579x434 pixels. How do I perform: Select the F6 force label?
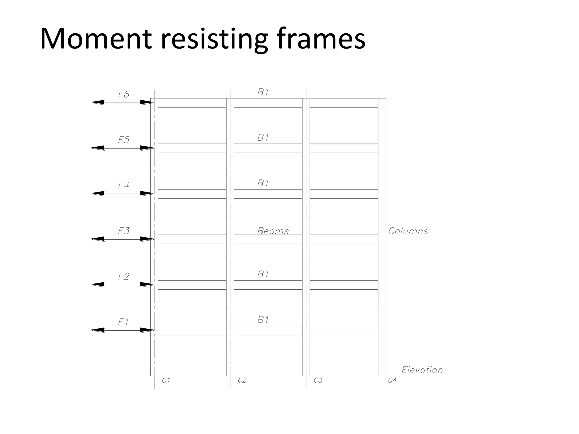click(x=124, y=94)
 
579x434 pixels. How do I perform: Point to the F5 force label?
click(x=124, y=140)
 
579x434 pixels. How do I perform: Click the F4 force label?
click(x=124, y=185)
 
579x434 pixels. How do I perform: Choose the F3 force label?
click(x=124, y=231)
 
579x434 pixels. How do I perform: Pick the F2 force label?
click(x=124, y=276)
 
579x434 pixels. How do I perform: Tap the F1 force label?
click(x=123, y=322)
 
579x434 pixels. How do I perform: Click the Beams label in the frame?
click(x=273, y=231)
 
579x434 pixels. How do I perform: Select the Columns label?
click(x=408, y=231)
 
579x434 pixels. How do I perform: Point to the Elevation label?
click(x=422, y=370)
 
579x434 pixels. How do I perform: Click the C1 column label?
click(x=166, y=381)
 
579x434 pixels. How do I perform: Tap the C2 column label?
click(x=242, y=381)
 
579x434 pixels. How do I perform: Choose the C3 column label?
click(x=318, y=381)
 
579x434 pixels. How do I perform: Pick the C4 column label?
click(x=392, y=381)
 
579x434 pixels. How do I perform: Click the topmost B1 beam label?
click(x=263, y=92)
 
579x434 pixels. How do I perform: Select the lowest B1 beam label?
click(x=263, y=320)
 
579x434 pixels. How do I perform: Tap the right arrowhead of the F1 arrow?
click(x=147, y=330)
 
